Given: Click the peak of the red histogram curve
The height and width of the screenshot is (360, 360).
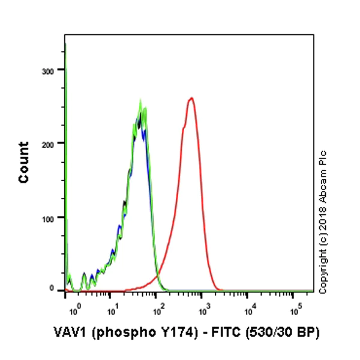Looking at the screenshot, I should [191, 98].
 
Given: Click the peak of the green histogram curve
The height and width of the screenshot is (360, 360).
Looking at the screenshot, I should [140, 102].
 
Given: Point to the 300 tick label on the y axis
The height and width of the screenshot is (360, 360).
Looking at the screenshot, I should [53, 70].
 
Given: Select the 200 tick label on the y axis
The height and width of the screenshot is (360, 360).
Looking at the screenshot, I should [53, 143].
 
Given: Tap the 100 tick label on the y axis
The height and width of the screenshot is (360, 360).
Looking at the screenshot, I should [53, 217].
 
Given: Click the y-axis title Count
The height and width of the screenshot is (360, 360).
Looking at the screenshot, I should [24, 163].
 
